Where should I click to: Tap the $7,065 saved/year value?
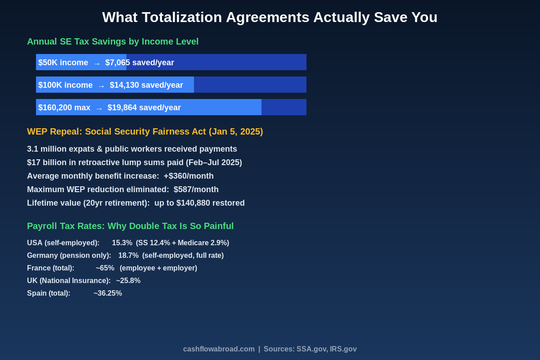click(x=139, y=63)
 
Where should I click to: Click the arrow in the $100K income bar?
click(x=101, y=85)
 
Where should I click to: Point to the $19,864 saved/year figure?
click(x=144, y=108)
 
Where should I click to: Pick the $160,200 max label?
click(x=64, y=108)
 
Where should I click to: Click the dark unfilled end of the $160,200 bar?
click(x=283, y=107)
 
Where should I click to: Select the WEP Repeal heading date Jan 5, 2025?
click(x=236, y=131)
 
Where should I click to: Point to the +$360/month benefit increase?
click(x=189, y=176)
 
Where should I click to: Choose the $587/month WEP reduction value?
click(x=196, y=189)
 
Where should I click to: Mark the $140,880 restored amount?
click(x=193, y=203)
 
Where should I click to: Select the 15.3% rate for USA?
click(x=122, y=243)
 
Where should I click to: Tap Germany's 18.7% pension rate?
click(x=128, y=256)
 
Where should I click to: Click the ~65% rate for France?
click(x=105, y=268)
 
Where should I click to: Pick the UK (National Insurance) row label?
click(x=68, y=281)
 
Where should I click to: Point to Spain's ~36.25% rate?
click(x=108, y=293)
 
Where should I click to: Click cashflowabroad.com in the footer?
click(x=219, y=349)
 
